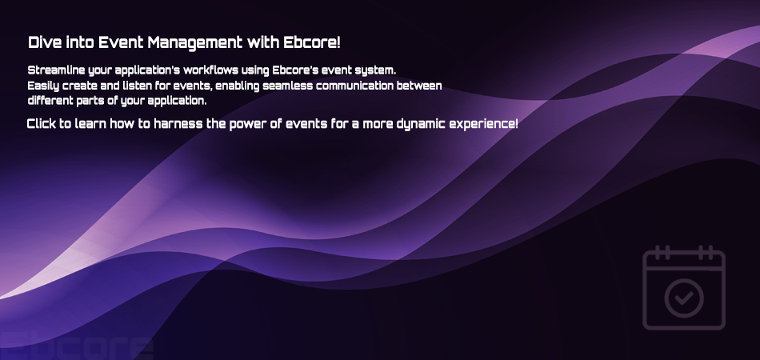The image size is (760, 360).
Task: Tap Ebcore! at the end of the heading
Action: pos(312,42)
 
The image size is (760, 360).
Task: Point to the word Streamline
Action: pos(56,70)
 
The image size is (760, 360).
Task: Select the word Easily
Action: pos(43,86)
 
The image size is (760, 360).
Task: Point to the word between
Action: pos(419,86)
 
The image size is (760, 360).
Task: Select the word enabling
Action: pos(238,86)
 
